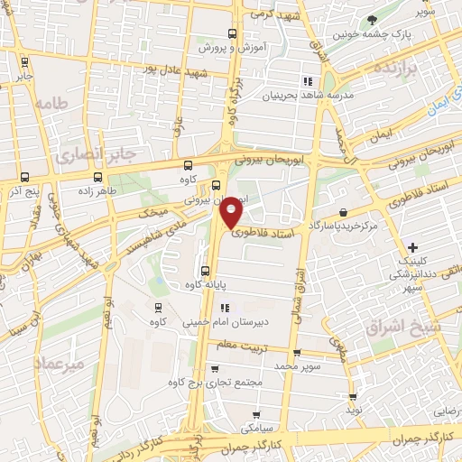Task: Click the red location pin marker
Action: (232, 211)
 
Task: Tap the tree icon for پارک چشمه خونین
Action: (372, 20)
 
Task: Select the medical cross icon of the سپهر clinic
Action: (412, 247)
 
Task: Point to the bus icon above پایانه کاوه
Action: (207, 271)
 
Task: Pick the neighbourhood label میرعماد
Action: (60, 363)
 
